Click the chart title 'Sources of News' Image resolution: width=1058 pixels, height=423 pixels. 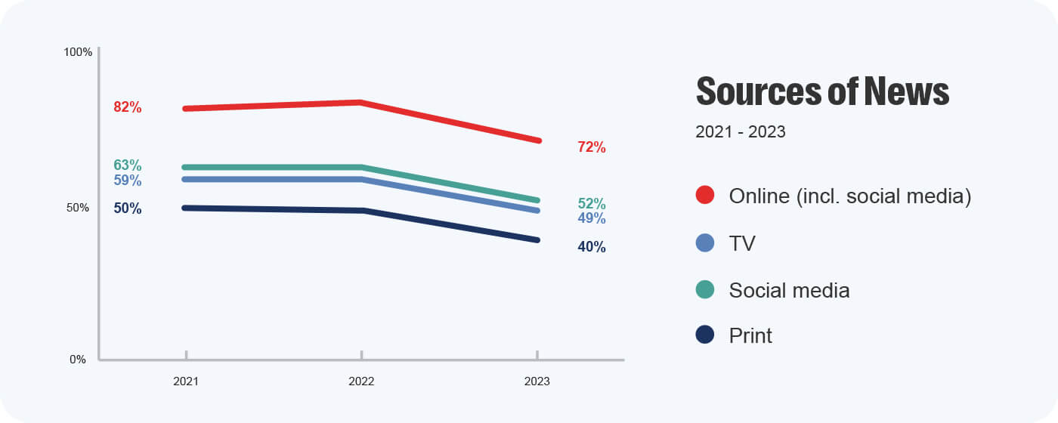pos(822,91)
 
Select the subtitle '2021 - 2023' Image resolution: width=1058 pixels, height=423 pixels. pos(741,132)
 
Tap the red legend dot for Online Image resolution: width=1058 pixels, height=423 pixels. pos(705,196)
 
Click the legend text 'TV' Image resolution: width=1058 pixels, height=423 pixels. pos(742,243)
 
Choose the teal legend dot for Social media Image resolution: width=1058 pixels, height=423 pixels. pos(705,289)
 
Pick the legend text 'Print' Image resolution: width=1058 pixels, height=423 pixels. pos(750,336)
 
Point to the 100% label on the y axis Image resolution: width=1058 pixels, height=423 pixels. pos(78,52)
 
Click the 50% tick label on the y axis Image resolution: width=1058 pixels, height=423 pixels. pos(78,208)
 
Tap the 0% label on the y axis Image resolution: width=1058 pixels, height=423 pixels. pos(78,360)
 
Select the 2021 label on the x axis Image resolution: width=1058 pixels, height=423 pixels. pos(186,381)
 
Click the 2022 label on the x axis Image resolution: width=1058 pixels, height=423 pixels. pos(361,381)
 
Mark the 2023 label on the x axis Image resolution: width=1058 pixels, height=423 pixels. pos(537,381)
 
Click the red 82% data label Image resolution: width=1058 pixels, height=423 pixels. pos(128,107)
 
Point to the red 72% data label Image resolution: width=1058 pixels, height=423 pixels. pos(592,147)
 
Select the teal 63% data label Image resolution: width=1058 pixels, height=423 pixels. pos(128,165)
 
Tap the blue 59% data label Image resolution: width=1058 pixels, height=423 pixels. pos(128,181)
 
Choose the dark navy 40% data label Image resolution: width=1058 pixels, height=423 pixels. pos(592,247)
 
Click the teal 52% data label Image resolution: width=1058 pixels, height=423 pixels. pos(592,204)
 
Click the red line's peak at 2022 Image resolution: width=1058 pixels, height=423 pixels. pos(361,102)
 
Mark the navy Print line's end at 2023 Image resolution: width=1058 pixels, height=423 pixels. pos(537,240)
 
